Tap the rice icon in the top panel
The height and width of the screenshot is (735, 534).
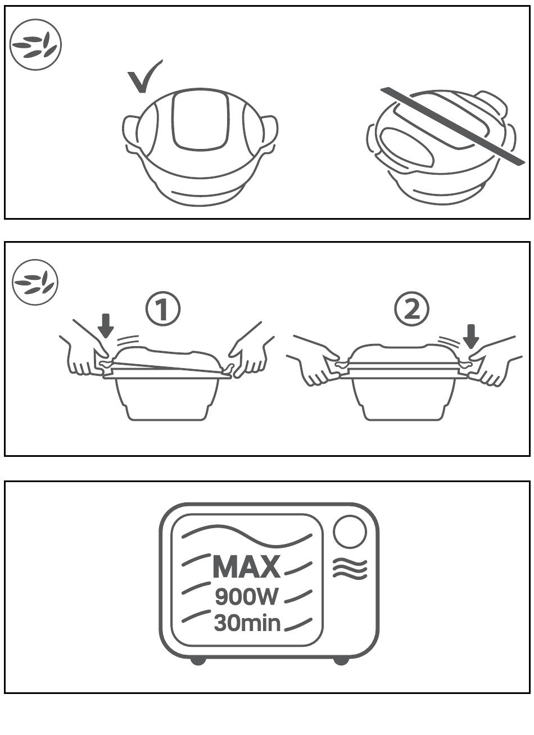coord(36,45)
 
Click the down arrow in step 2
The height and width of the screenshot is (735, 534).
coord(472,335)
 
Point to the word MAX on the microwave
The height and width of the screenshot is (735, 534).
coord(246,566)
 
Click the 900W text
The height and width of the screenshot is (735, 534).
coord(246,597)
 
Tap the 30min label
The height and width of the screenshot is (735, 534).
coord(247,623)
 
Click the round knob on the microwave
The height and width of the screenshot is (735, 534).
coord(350,532)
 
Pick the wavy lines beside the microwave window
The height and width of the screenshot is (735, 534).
coord(350,569)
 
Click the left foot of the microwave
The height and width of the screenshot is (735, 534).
coord(198,660)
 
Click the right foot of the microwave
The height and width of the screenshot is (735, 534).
coord(341,660)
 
